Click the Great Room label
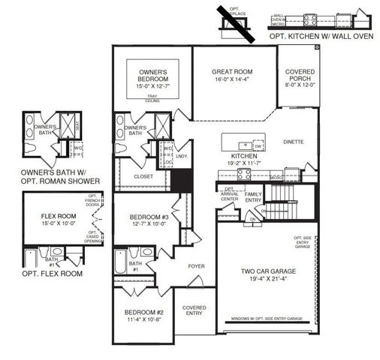pos(233,72)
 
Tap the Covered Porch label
pos(300,75)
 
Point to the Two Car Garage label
pos(267,272)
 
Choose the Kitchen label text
pos(245,156)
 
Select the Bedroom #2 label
pos(145,311)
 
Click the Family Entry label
pos(253,196)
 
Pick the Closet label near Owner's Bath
pos(143,176)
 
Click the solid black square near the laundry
pos(179,180)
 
